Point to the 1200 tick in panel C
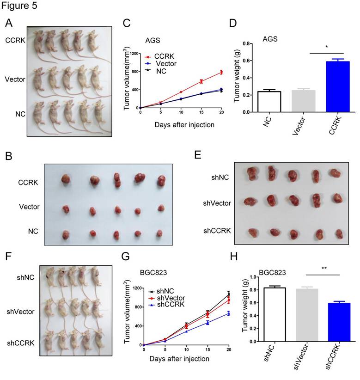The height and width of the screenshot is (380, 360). [134, 54]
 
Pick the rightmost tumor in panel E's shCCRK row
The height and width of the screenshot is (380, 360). [340, 233]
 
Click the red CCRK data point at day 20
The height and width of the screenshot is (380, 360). [221, 72]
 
